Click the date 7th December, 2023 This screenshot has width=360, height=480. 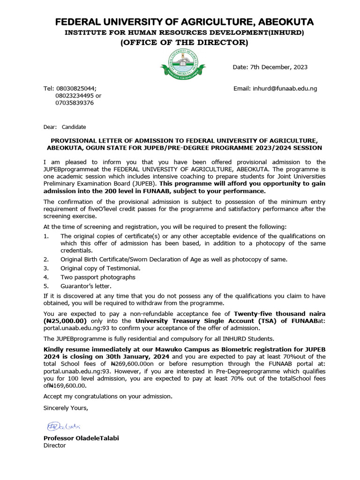click(x=270, y=67)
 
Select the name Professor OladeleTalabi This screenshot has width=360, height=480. click(x=81, y=438)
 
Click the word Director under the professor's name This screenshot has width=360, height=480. click(x=54, y=445)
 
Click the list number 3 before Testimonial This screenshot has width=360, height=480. click(x=46, y=268)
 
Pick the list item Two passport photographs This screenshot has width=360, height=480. click(x=97, y=277)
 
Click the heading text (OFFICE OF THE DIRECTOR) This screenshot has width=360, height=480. click(x=184, y=43)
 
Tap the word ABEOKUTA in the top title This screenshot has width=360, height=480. click(x=281, y=22)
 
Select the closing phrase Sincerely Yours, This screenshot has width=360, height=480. click(x=66, y=408)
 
